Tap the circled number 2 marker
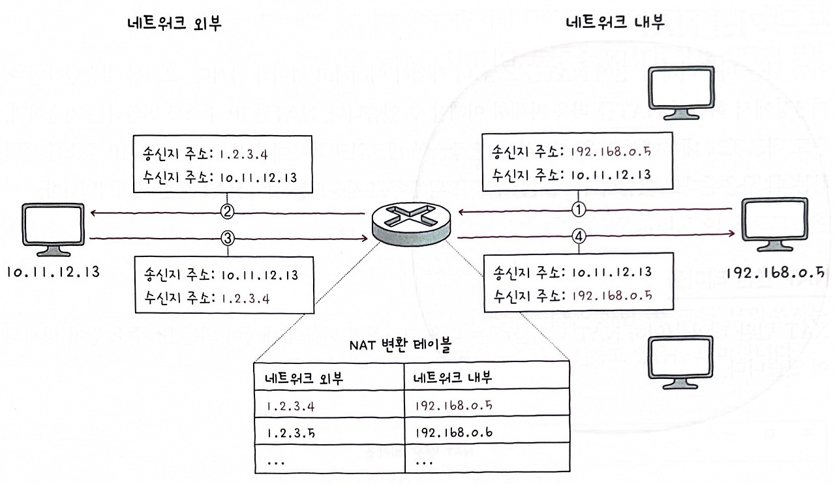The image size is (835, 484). (x=227, y=211)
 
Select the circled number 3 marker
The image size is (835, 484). (x=227, y=239)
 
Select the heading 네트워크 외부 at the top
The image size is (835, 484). (x=176, y=23)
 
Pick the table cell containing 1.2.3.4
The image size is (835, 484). (x=329, y=406)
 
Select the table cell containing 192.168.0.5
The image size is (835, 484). (x=487, y=406)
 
